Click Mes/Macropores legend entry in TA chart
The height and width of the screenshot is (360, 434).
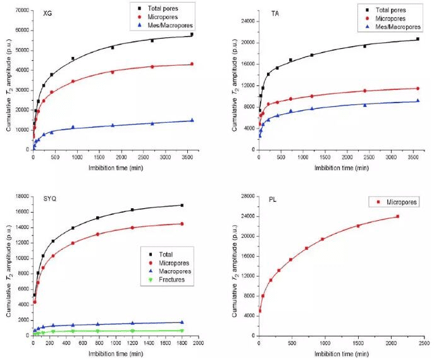click(x=394, y=28)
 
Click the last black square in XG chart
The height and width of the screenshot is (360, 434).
click(x=192, y=35)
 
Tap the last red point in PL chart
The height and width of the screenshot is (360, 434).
click(x=397, y=216)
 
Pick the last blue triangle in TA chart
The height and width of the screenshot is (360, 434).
click(x=418, y=101)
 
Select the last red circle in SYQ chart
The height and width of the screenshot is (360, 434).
click(x=182, y=224)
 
